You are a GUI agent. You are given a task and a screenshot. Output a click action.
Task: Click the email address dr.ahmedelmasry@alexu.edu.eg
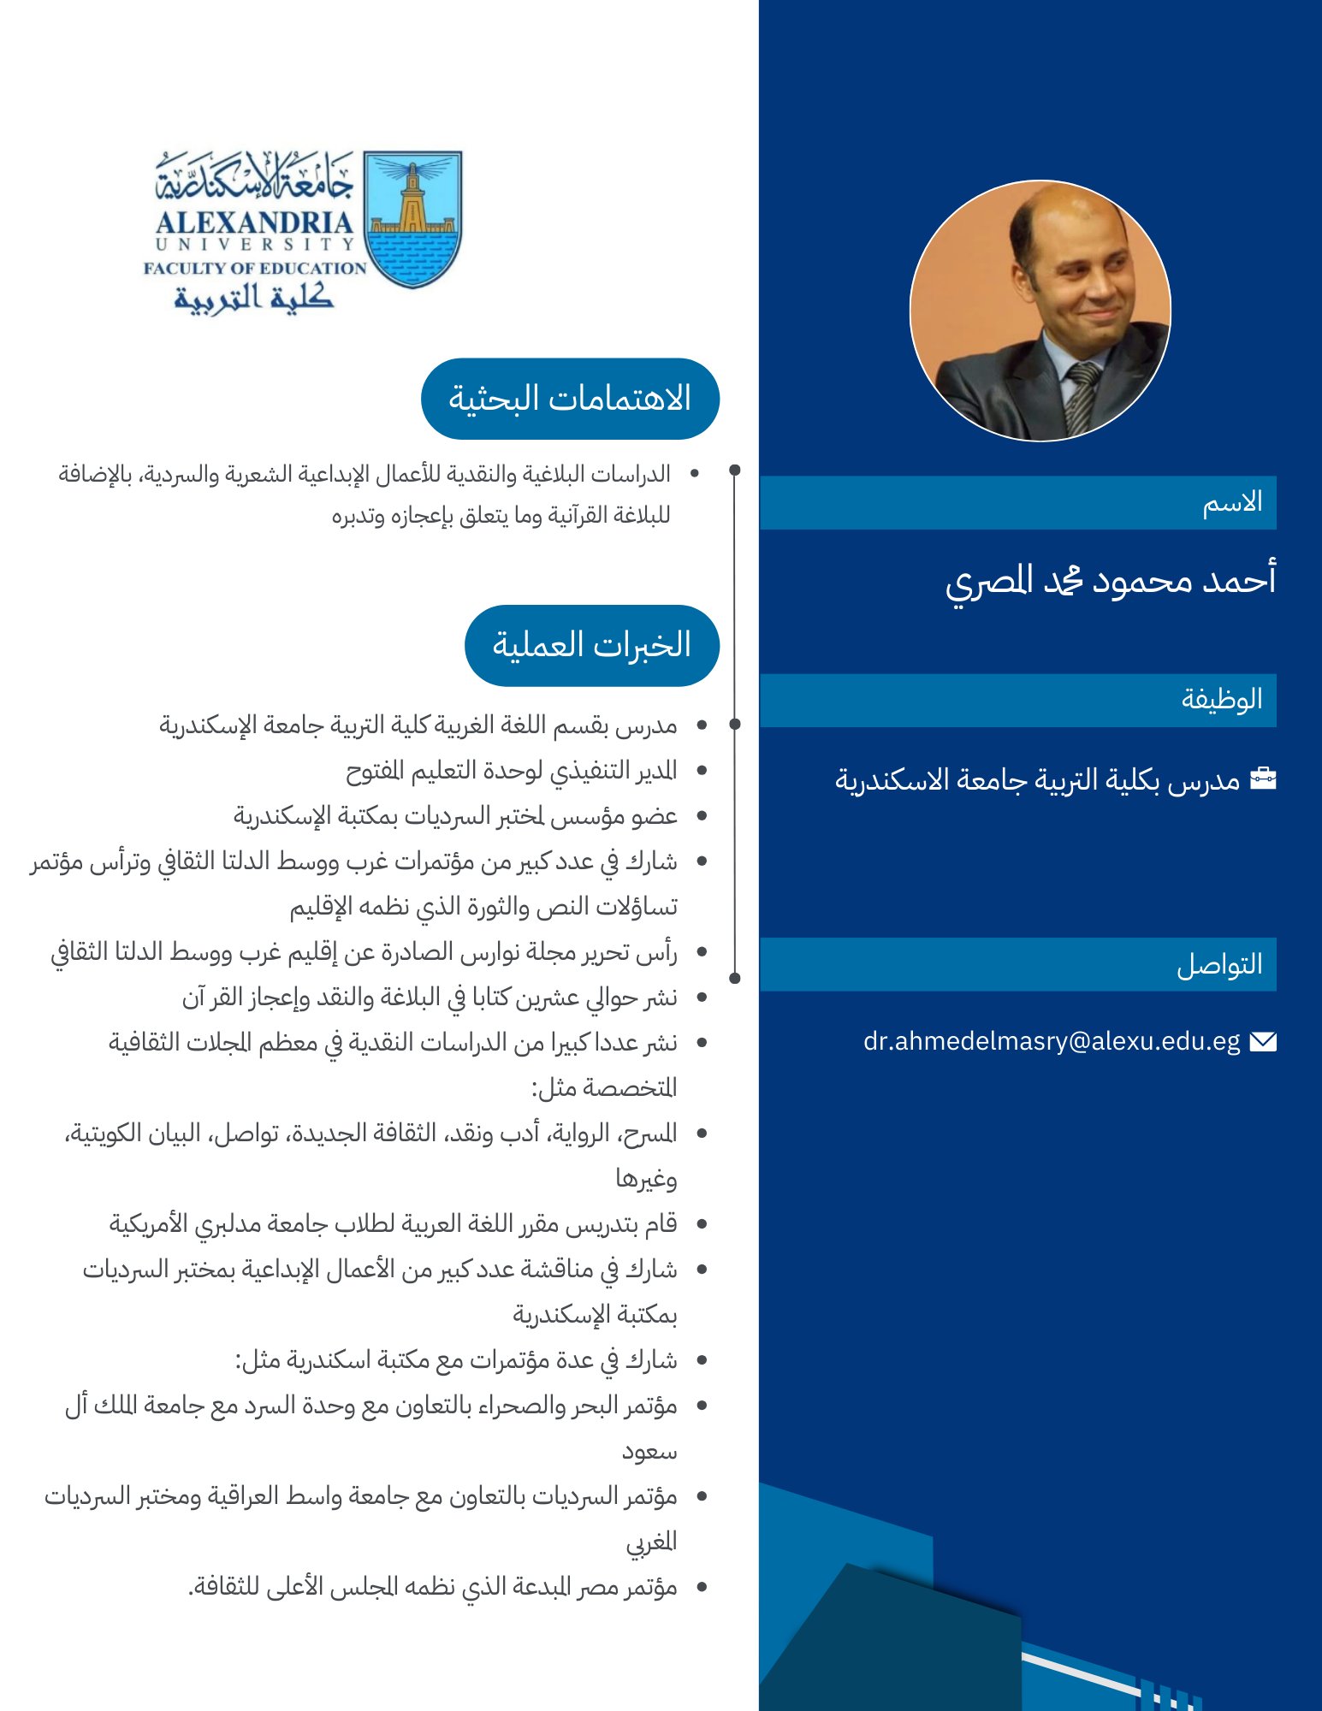(1051, 1041)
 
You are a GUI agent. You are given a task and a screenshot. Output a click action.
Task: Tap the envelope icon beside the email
(1263, 1041)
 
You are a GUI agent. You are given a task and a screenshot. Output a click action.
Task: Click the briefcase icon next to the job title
(1263, 779)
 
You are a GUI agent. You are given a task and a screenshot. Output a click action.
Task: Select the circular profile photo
(1040, 311)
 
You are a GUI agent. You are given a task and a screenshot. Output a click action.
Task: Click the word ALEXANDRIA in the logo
(254, 223)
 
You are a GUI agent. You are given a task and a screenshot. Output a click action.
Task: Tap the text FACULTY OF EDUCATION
(254, 269)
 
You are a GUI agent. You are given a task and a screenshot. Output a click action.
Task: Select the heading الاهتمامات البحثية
(570, 399)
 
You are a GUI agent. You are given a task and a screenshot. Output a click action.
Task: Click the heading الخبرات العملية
(591, 645)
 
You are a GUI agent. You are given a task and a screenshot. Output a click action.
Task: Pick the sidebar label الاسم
(1232, 502)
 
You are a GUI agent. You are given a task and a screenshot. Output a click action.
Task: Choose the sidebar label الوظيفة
(1222, 700)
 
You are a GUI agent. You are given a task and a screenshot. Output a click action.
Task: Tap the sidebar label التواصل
(1219, 965)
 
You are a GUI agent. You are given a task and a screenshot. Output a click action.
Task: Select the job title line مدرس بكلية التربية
(1037, 779)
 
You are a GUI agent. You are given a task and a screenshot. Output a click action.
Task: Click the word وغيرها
(646, 1179)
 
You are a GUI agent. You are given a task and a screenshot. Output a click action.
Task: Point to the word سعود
(649, 1451)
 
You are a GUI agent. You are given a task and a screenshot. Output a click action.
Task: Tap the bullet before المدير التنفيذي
(702, 771)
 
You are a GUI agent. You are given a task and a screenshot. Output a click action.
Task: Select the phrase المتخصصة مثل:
(604, 1088)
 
